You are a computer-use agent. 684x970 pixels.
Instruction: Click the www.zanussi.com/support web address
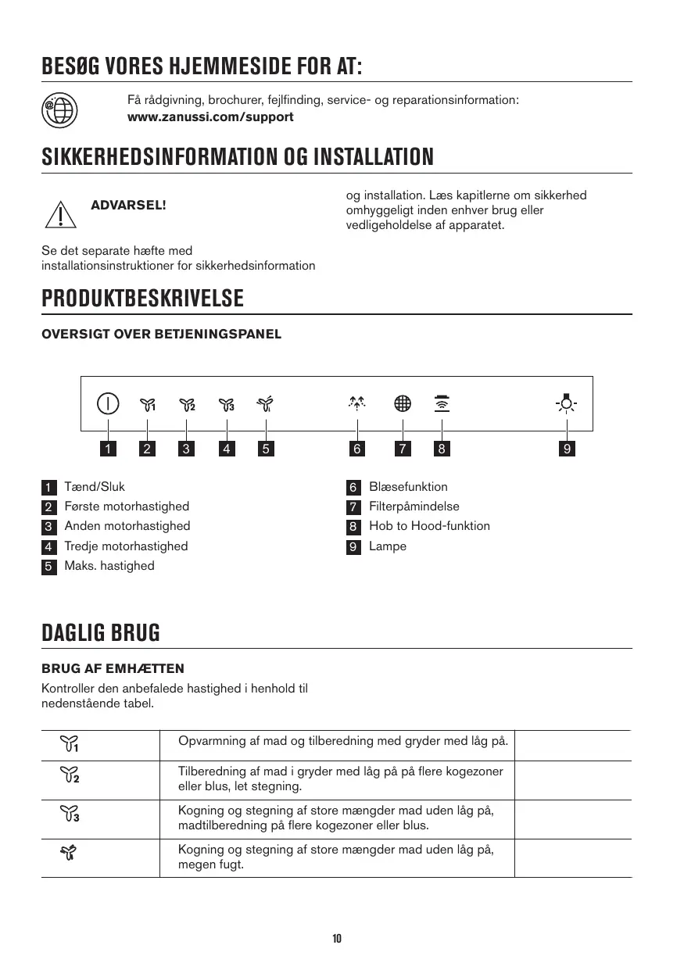pyautogui.click(x=210, y=117)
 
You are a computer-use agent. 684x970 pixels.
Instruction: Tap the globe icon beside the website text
pyautogui.click(x=59, y=109)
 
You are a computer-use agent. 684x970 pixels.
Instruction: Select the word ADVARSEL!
pyautogui.click(x=128, y=206)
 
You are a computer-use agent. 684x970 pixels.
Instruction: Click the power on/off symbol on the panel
pyautogui.click(x=108, y=403)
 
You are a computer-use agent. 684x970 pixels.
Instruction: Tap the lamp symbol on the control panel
pyautogui.click(x=567, y=403)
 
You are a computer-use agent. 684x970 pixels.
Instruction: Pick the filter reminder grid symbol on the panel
pyautogui.click(x=403, y=403)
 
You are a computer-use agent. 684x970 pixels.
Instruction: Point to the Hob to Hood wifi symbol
pyautogui.click(x=442, y=403)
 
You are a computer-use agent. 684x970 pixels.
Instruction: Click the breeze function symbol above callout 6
pyautogui.click(x=357, y=403)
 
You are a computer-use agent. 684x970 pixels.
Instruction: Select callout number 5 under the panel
pyautogui.click(x=266, y=449)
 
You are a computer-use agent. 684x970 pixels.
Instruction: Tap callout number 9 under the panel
pyautogui.click(x=567, y=449)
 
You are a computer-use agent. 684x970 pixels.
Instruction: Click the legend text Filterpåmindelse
pyautogui.click(x=414, y=506)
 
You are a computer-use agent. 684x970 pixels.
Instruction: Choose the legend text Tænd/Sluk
pyautogui.click(x=95, y=487)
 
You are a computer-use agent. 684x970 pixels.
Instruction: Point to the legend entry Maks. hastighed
pyautogui.click(x=109, y=566)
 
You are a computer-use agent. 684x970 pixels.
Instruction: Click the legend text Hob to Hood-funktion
pyautogui.click(x=429, y=526)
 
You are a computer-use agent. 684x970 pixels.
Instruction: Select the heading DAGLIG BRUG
pyautogui.click(x=101, y=633)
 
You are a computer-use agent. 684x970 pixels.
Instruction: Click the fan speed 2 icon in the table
pyautogui.click(x=70, y=775)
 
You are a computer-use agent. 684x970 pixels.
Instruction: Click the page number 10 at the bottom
pyautogui.click(x=337, y=939)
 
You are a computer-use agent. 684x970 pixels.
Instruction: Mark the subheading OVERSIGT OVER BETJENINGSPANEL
pyautogui.click(x=161, y=335)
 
